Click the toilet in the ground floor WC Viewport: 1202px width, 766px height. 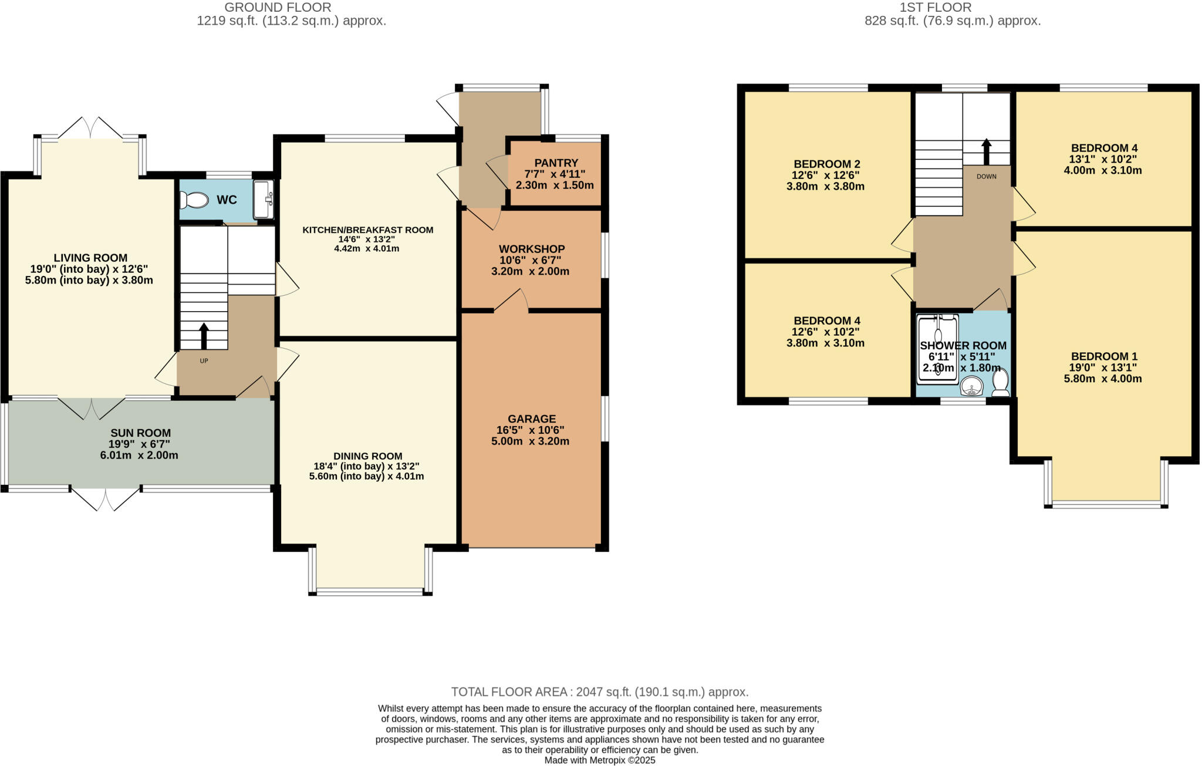click(x=194, y=201)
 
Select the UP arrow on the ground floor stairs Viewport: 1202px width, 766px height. click(x=204, y=336)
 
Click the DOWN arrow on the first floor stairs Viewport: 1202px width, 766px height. click(x=986, y=151)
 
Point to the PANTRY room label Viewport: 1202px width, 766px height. click(x=556, y=163)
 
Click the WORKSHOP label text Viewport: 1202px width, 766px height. click(x=532, y=249)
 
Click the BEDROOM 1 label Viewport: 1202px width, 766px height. click(x=1104, y=356)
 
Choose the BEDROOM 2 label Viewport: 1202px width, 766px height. click(x=826, y=164)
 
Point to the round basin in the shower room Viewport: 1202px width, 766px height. click(x=973, y=387)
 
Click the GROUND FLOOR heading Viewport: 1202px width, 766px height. click(x=278, y=8)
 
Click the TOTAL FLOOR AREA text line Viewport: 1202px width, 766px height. click(x=600, y=691)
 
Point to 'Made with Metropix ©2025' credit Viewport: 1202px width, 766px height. click(x=600, y=760)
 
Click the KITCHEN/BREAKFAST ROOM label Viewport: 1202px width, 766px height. click(x=368, y=230)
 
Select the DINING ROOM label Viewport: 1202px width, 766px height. click(x=368, y=456)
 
